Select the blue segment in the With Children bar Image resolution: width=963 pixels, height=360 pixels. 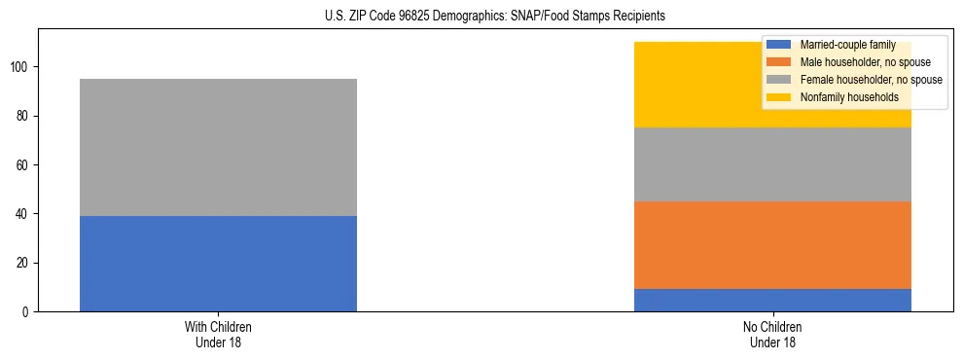pos(218,264)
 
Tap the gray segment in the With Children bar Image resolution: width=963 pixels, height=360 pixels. pos(218,147)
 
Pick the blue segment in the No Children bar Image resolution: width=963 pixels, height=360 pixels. pos(772,300)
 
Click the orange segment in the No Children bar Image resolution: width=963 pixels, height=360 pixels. pos(772,245)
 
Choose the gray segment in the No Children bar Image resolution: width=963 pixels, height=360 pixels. pos(772,164)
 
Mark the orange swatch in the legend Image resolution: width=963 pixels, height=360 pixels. pos(778,62)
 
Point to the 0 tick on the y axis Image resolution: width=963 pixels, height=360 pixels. pos(28,311)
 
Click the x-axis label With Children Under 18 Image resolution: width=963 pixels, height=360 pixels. pos(218,334)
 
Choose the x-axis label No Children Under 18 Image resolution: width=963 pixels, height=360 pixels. pos(772,334)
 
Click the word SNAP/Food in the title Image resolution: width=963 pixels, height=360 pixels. pos(536,17)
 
